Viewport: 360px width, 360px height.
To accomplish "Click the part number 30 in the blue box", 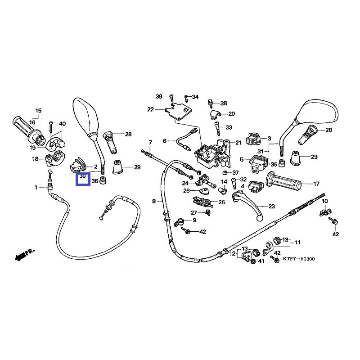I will point(82,177).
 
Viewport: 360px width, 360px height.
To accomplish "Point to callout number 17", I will point(316,184).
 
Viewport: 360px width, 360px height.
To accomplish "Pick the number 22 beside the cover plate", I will point(150,109).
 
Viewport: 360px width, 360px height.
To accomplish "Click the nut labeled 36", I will point(103,180).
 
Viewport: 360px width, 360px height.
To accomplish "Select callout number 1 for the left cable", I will point(36,187).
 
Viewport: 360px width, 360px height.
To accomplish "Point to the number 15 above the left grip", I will point(38,111).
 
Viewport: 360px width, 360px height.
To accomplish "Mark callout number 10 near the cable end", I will point(325,201).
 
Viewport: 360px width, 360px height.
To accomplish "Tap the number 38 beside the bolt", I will point(224,103).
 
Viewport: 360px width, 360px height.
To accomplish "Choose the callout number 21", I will point(238,143).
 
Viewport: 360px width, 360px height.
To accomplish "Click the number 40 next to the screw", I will point(62,124).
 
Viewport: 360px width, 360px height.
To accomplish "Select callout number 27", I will point(194,213).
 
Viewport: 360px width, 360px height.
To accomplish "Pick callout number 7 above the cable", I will point(150,143).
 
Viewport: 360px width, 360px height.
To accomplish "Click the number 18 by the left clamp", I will point(35,159).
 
